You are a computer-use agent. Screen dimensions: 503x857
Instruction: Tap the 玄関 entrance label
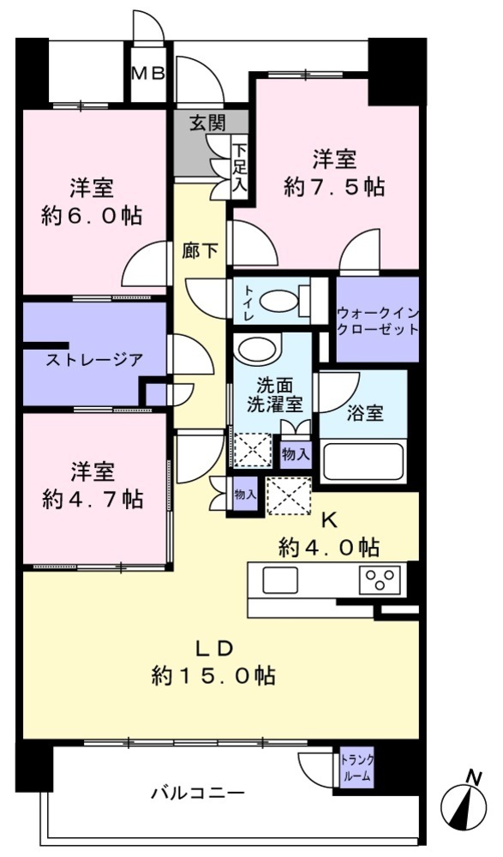point(207,123)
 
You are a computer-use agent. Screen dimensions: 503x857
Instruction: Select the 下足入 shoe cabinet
point(240,166)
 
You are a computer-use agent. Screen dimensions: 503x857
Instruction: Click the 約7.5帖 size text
point(334,187)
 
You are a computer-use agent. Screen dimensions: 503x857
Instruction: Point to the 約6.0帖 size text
point(92,216)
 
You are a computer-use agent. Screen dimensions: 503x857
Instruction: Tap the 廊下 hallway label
point(201,251)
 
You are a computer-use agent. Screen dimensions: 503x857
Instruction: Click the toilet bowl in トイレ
point(279,301)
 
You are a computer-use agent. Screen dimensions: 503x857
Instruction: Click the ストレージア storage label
point(93,360)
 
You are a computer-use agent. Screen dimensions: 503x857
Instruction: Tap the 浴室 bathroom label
point(365,413)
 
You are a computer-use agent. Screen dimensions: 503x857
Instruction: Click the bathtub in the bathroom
point(363,461)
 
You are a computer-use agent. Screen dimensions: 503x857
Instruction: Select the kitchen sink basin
point(280,580)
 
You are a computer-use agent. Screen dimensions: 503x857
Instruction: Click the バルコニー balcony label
point(198,793)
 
